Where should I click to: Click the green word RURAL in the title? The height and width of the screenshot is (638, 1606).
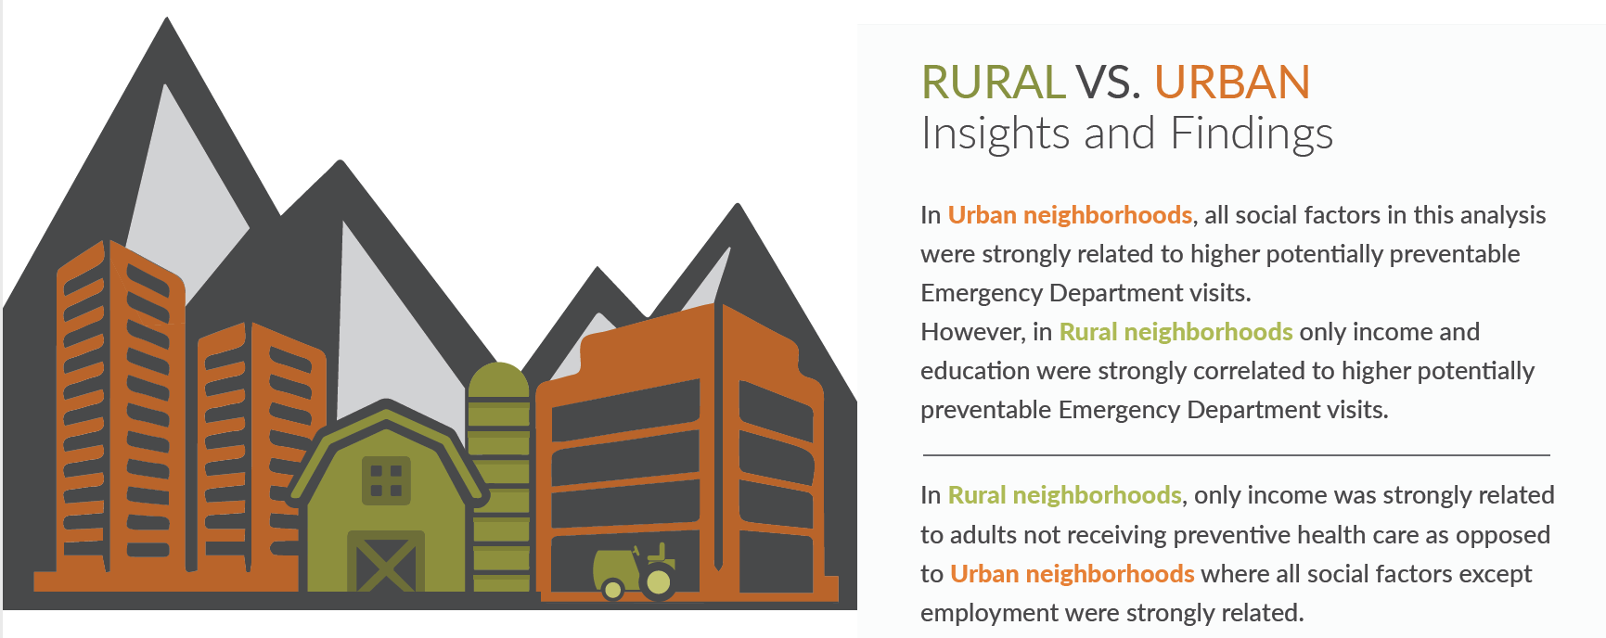(993, 82)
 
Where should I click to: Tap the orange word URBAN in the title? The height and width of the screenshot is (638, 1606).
(1232, 82)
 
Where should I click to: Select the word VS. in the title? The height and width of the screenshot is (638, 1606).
(1109, 82)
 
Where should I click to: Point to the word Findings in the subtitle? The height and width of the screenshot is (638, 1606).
(1252, 134)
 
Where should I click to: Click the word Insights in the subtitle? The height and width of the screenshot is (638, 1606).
(996, 134)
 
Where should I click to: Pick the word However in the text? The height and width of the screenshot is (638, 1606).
(972, 332)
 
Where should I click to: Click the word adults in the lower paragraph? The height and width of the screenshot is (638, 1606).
(977, 535)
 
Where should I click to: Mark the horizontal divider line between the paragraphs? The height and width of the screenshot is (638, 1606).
(1236, 455)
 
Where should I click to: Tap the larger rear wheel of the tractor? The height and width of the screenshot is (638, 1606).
(659, 582)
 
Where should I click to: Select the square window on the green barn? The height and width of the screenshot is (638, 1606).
(386, 480)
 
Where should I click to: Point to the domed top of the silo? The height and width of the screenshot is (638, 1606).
(499, 380)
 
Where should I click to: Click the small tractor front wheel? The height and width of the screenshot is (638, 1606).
(612, 588)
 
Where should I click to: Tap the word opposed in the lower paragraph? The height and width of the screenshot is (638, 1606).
(1503, 536)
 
